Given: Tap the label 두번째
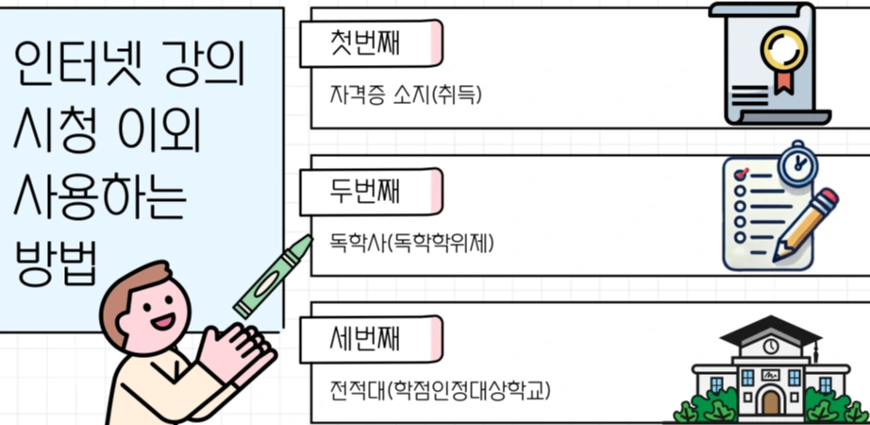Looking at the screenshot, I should tap(366, 192).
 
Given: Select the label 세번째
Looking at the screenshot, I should tap(366, 338).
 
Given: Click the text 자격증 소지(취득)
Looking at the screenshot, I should tap(407, 95).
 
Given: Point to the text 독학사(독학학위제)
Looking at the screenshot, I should tap(412, 243).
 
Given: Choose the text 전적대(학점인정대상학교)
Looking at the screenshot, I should tap(439, 389).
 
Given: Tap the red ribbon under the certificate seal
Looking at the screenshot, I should tap(781, 79).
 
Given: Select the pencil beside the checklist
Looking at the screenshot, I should tap(805, 224).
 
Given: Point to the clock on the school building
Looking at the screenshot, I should tap(771, 347).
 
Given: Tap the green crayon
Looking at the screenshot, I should tap(273, 277).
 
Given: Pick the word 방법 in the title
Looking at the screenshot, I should tap(57, 261).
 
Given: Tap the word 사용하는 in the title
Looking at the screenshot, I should tap(102, 195).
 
